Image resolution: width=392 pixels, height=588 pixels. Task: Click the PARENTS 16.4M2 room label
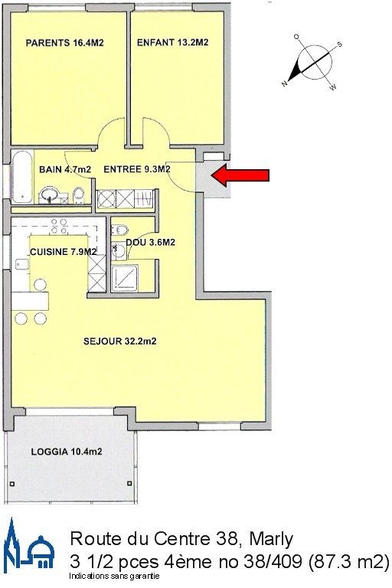click(x=64, y=43)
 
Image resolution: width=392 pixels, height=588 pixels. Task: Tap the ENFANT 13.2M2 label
click(x=172, y=42)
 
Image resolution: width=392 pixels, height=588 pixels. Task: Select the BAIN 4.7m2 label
click(x=65, y=169)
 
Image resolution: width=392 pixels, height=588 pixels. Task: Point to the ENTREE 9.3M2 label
click(x=137, y=169)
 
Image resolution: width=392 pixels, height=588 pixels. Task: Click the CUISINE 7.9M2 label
click(x=63, y=252)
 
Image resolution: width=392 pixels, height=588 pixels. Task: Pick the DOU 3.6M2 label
click(x=150, y=243)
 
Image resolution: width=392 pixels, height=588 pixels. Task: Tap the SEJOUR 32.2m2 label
click(x=119, y=341)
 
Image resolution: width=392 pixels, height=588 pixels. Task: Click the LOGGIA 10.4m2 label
click(x=67, y=452)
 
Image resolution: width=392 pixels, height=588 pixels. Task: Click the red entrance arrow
click(x=240, y=175)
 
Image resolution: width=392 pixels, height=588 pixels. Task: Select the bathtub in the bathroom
click(x=22, y=177)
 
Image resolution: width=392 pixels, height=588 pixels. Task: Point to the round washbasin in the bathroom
click(x=48, y=195)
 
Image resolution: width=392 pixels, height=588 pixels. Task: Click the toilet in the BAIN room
click(x=78, y=194)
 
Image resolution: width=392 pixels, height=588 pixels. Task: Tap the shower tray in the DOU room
click(x=126, y=277)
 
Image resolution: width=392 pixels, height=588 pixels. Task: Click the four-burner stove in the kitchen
click(x=59, y=227)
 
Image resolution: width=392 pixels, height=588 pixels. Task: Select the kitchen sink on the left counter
click(x=22, y=265)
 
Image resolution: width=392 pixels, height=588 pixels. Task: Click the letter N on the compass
click(x=285, y=83)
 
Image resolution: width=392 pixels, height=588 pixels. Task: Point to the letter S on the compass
click(x=340, y=44)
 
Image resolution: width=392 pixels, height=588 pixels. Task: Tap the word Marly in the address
click(x=271, y=539)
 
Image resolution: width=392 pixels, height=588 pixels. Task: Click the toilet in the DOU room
click(x=120, y=229)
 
